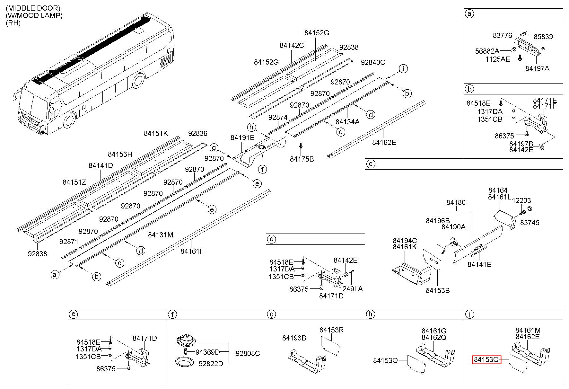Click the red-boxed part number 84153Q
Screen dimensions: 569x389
coord(486,360)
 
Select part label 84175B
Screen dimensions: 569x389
coord(302,159)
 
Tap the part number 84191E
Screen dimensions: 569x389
coord(242,137)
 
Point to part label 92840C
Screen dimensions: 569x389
coord(373,62)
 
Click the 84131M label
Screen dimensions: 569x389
coord(161,235)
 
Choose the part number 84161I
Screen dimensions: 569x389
coord(191,251)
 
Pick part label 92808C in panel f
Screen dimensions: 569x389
coord(248,353)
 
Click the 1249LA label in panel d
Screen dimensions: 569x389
coord(351,289)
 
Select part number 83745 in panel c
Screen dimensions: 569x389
coord(530,223)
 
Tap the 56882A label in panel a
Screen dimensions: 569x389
coord(487,51)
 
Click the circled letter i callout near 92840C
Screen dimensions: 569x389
coord(403,68)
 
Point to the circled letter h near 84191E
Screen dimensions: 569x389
coord(252,128)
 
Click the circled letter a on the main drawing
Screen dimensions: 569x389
coord(55,275)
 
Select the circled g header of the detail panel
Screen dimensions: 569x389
coord(271,314)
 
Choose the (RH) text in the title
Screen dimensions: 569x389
coord(13,23)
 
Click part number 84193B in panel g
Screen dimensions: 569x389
coord(294,338)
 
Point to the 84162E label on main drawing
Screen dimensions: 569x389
coord(384,142)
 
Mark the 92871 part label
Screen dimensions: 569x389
coord(69,241)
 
